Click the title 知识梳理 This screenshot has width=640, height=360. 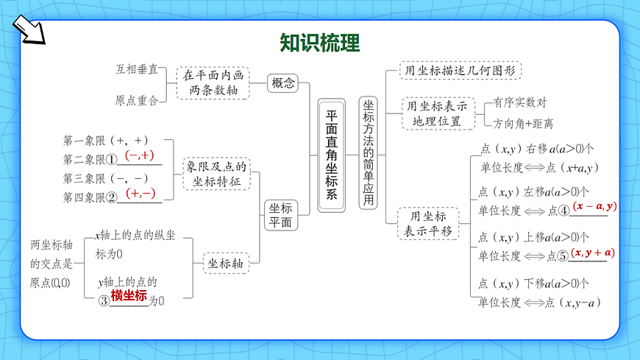[320, 43]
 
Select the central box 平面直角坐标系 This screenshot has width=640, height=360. [331, 155]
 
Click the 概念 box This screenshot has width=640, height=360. [283, 83]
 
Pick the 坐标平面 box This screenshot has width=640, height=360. [280, 215]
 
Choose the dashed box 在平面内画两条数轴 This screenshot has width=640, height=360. [213, 82]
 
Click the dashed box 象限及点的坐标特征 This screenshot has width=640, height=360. [216, 174]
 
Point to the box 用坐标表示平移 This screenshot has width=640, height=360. [427, 224]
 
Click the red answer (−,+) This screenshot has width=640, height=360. [139, 155]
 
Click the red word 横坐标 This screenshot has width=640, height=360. [129, 296]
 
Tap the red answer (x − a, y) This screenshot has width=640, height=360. [594, 207]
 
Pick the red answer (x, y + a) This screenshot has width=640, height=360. [593, 253]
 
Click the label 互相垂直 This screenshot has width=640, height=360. [137, 69]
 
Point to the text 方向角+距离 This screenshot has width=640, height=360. [523, 124]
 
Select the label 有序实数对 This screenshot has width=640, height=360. [520, 102]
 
